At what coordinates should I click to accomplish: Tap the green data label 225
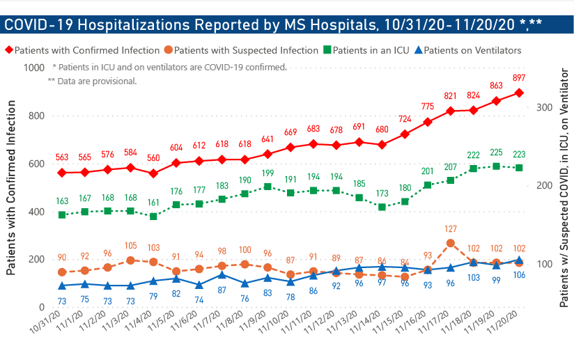pos(496,152)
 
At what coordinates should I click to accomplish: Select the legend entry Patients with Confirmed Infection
pos(81,51)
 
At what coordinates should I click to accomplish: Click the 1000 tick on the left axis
pos(33,68)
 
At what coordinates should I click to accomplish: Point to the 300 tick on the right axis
pos(544,107)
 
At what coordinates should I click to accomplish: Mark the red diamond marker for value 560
pos(153,173)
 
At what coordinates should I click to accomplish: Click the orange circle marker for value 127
pos(451,243)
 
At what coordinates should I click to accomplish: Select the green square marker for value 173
pos(382,207)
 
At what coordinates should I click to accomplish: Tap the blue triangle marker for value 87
pos(222,274)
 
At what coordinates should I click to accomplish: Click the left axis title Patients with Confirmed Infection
pos(11,187)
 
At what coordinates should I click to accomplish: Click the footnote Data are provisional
pos(95,81)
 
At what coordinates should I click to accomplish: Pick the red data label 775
pos(428,106)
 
